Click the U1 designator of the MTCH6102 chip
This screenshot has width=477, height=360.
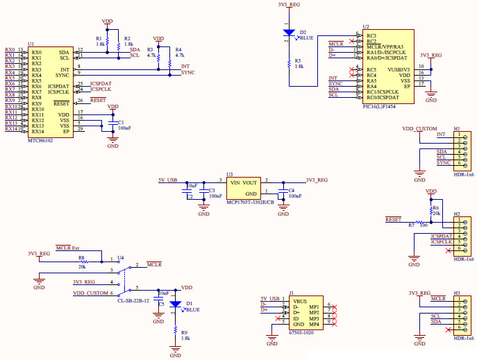click(x=31, y=44)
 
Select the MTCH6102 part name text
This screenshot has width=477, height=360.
click(x=41, y=139)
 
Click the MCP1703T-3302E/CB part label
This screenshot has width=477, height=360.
click(x=250, y=202)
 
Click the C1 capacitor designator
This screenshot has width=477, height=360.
click(x=121, y=122)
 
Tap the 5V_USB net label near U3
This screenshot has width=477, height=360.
click(x=168, y=180)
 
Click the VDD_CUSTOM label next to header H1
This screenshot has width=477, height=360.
click(x=419, y=129)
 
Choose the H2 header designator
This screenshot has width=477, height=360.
click(x=457, y=214)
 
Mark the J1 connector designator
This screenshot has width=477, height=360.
click(x=292, y=293)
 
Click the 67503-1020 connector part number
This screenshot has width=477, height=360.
click(x=301, y=332)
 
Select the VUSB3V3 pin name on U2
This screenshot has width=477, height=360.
click(x=401, y=69)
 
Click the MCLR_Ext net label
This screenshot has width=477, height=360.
click(x=68, y=247)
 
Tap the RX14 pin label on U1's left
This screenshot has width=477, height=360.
click(x=10, y=129)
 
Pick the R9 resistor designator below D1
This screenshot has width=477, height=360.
click(x=184, y=332)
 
